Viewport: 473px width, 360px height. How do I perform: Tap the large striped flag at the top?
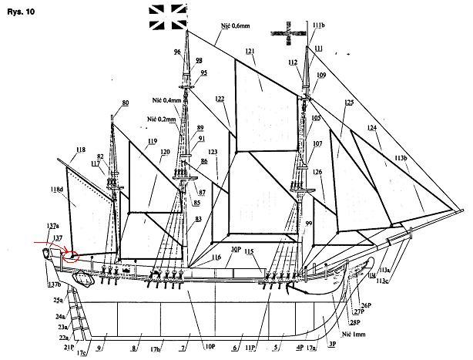(168, 16)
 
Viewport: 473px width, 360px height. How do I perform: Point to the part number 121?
(250, 52)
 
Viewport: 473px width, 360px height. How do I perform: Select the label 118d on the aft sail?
(57, 189)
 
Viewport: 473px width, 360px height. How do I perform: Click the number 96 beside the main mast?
(177, 51)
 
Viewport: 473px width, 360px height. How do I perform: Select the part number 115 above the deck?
(249, 252)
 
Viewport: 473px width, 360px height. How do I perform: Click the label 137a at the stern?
(52, 226)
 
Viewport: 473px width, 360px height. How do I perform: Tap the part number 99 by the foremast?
(310, 222)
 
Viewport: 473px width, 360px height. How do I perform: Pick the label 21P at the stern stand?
(68, 348)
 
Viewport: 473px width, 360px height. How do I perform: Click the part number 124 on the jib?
(373, 128)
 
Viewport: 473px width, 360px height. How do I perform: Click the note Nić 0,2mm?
(160, 120)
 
